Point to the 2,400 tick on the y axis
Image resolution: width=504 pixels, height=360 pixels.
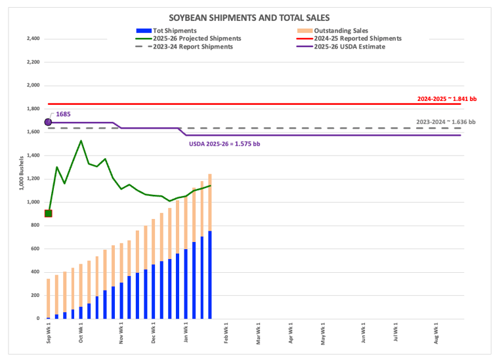31,39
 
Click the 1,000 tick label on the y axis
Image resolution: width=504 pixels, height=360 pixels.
31,202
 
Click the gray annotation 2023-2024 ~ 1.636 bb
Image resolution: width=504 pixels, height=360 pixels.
446,122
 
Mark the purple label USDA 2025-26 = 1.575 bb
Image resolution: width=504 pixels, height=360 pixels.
226,144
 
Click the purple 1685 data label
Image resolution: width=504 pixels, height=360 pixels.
64,114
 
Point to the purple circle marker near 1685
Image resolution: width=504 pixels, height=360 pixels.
48,122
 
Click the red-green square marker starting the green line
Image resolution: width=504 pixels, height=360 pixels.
48,213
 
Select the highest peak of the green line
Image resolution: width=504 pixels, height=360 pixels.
81,140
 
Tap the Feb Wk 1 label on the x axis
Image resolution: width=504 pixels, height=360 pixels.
226,333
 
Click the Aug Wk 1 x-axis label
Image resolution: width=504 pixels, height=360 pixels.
438,333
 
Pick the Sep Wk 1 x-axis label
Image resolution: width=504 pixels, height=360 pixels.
49,333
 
